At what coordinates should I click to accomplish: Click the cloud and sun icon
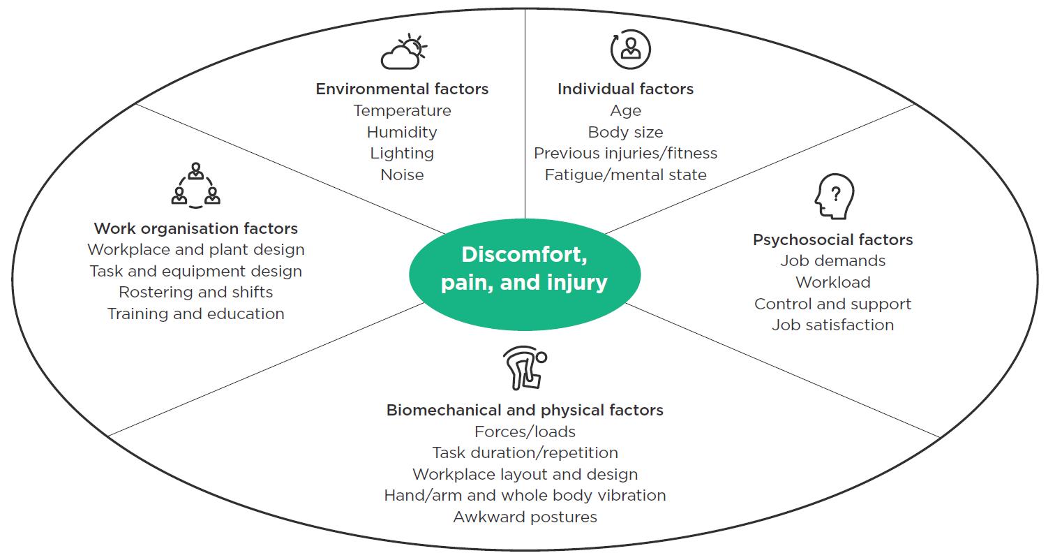tap(403, 52)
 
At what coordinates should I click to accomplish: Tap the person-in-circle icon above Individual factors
tap(630, 50)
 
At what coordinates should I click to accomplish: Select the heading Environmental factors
tap(402, 89)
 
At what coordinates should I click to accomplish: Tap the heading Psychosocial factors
tap(832, 240)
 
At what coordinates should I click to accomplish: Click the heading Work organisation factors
tap(195, 228)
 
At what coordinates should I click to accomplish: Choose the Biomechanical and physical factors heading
tap(525, 410)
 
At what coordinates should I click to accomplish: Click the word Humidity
tap(402, 132)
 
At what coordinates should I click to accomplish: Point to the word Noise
tap(402, 175)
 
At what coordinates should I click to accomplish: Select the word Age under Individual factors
tap(625, 111)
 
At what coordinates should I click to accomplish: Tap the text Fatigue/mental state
tap(625, 175)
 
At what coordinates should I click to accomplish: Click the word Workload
tap(832, 282)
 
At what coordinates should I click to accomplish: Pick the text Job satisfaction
tap(832, 325)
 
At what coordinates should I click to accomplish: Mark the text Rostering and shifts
tap(195, 292)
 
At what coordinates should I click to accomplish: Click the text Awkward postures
tap(525, 517)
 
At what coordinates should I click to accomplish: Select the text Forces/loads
tap(525, 432)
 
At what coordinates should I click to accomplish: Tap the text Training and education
tap(195, 314)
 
